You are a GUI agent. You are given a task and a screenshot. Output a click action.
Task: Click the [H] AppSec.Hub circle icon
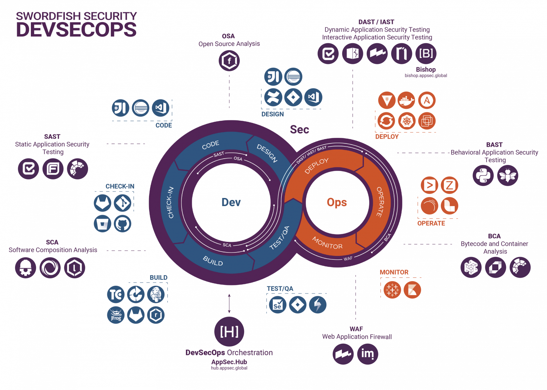229,331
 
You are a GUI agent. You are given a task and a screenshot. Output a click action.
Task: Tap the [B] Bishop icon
426,53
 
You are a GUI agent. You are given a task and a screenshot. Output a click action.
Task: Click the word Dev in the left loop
231,202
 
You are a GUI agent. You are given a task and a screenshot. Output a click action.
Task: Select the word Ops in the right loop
337,202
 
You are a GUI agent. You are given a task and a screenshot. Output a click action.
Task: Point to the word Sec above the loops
299,130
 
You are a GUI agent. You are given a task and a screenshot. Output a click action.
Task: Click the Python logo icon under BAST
483,175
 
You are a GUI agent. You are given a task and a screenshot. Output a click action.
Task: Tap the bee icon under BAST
507,175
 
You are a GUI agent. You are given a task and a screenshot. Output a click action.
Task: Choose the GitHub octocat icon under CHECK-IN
122,223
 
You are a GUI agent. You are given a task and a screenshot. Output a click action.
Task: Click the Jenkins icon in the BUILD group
156,294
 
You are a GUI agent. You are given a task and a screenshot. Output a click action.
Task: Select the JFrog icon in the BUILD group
116,315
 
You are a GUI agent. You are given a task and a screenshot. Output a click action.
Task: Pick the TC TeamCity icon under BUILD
116,294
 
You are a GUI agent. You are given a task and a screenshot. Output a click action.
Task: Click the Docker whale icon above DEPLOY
406,100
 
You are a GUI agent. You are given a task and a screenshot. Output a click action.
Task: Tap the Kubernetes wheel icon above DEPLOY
406,121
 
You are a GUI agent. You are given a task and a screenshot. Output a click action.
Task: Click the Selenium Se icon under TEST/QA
277,305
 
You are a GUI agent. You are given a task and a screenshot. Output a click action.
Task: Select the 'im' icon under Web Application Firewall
367,354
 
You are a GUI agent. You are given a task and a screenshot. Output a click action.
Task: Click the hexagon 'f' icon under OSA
229,60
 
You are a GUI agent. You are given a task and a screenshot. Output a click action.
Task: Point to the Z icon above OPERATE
449,185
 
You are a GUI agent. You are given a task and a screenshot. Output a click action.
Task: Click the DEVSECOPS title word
76,29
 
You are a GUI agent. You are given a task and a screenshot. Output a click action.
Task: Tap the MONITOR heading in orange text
394,272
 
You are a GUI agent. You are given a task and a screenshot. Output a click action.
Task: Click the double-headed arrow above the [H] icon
229,303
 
